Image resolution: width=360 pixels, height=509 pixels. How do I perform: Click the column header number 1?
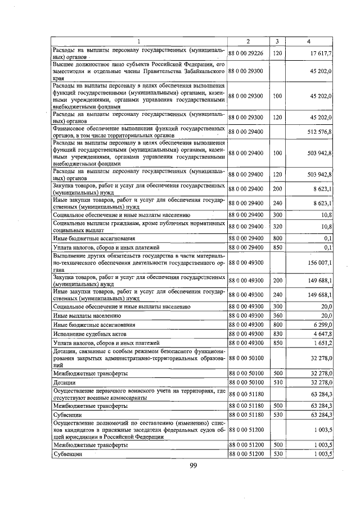click(x=139, y=41)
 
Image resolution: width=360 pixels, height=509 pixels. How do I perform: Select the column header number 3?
click(x=277, y=41)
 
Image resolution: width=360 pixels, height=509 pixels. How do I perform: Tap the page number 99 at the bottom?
click(x=192, y=465)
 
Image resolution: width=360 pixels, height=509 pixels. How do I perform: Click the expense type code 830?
click(x=277, y=334)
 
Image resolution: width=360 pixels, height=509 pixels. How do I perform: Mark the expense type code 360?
click(x=277, y=316)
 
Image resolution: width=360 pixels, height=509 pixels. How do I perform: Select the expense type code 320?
click(x=277, y=227)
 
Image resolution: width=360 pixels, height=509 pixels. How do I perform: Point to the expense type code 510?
click(x=277, y=382)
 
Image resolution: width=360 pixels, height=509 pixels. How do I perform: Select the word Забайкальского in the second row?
click(x=200, y=71)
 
